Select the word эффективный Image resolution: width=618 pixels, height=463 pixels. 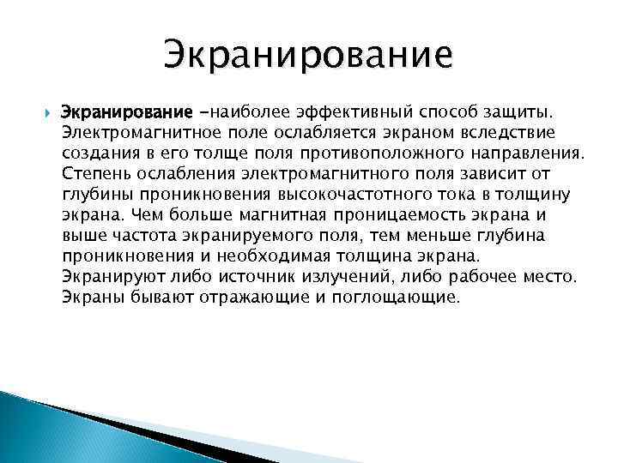click(346, 114)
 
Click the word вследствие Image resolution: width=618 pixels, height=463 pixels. click(515, 135)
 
